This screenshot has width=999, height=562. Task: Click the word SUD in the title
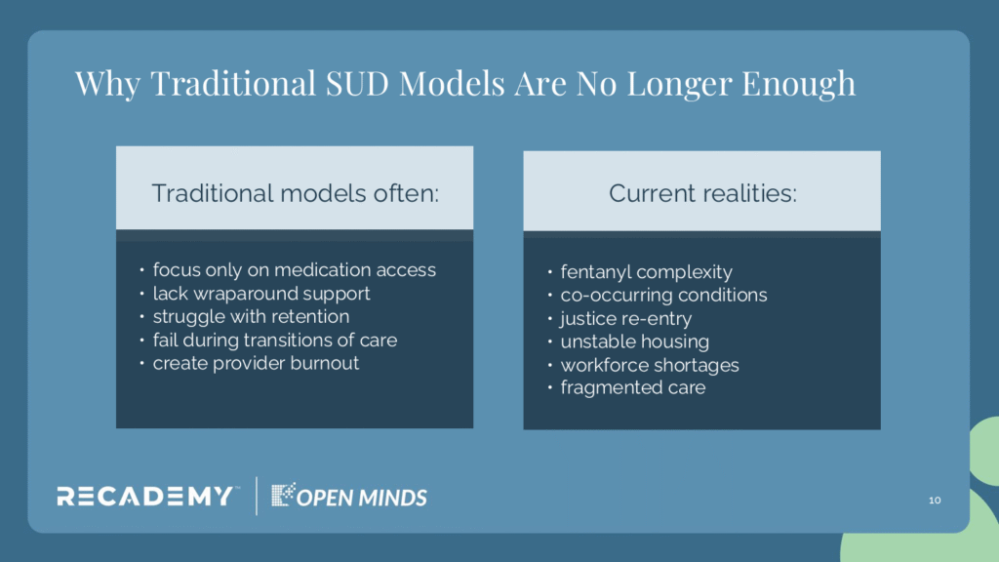point(357,84)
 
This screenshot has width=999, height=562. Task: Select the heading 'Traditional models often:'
point(295,193)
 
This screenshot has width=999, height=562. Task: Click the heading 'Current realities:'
point(702,193)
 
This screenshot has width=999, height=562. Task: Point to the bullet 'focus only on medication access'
point(295,270)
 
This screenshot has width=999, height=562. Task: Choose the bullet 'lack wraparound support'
point(261,293)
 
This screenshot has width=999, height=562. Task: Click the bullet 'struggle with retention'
point(251,317)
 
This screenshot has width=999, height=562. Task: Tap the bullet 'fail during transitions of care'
point(274,340)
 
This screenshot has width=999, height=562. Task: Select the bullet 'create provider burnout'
point(256,363)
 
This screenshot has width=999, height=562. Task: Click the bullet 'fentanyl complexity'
point(646,272)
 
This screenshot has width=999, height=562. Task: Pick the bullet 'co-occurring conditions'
point(663,295)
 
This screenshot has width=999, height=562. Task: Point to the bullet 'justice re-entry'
point(625,319)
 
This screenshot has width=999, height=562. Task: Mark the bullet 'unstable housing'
point(634,341)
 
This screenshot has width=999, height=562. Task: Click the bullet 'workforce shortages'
point(650,365)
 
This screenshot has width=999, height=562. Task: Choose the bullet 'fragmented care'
point(632,387)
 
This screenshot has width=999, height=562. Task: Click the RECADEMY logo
point(145,497)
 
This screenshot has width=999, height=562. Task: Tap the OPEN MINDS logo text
point(361,498)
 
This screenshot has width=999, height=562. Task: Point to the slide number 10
point(935,501)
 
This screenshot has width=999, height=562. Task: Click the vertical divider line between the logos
point(257,496)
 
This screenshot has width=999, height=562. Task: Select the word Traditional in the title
point(233,84)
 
